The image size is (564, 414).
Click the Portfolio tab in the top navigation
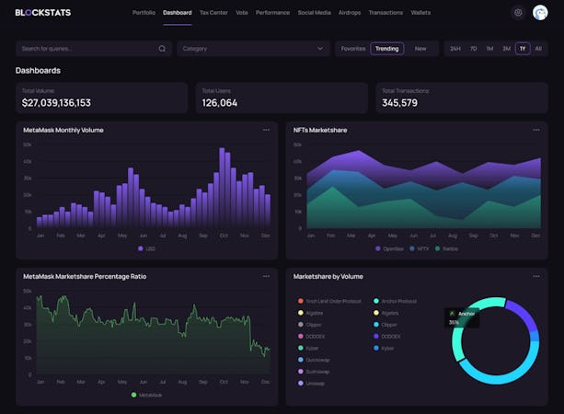(x=144, y=13)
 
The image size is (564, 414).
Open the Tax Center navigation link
(x=213, y=13)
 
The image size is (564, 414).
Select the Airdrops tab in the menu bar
(x=349, y=13)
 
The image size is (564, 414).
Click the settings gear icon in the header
(x=518, y=13)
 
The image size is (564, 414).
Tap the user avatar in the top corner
(x=540, y=13)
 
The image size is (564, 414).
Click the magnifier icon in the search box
(x=162, y=48)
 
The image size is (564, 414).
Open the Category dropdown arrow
(x=321, y=48)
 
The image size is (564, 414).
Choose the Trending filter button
(x=387, y=48)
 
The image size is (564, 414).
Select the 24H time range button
(x=455, y=48)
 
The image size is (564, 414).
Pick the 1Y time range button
(x=523, y=48)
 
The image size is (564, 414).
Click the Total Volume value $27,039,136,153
(x=56, y=103)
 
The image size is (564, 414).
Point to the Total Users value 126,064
(x=220, y=103)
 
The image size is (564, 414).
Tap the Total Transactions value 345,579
(x=399, y=103)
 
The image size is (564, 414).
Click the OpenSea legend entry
(x=390, y=248)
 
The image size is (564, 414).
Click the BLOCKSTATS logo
(x=43, y=13)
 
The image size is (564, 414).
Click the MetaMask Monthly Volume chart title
(x=63, y=130)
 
